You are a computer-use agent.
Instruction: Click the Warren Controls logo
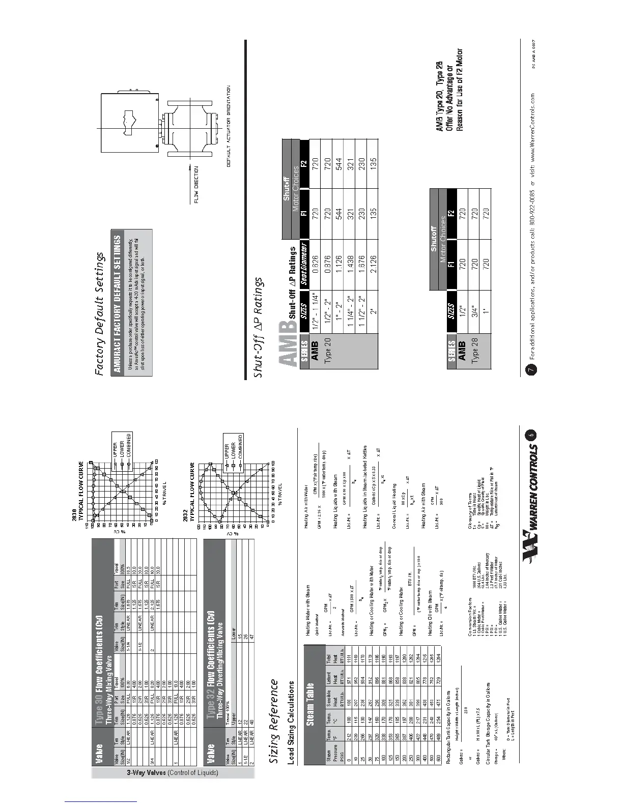coord(532,488)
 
